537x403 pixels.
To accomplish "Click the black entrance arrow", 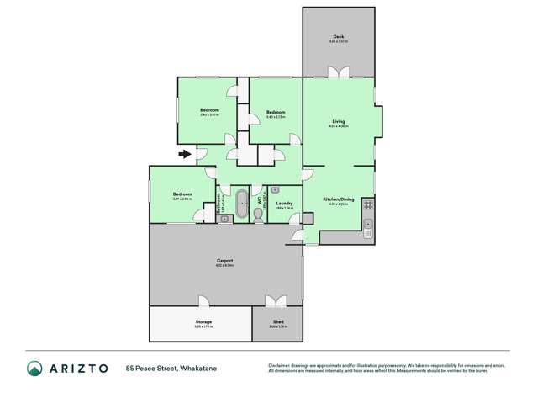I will (x=184, y=154).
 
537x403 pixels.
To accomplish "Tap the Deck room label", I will (x=338, y=37).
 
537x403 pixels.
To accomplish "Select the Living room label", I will (x=338, y=122).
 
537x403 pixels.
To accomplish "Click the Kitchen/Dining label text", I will (x=339, y=199).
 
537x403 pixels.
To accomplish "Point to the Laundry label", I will (x=284, y=203).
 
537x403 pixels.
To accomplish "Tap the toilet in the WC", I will (x=258, y=216).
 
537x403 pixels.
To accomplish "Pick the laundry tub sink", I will (x=275, y=191).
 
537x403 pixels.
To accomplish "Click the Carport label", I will (x=225, y=261).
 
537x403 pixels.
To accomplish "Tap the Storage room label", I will (x=203, y=321).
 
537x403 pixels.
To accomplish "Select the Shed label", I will (x=276, y=321).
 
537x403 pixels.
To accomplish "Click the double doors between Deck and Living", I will (x=338, y=72).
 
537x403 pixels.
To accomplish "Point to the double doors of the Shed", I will (x=276, y=301).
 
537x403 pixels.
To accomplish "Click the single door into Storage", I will (x=203, y=302).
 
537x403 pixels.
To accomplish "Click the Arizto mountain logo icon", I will (x=34, y=368).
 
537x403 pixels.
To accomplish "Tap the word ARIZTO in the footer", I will (x=78, y=368).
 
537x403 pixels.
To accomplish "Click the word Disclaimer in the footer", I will (x=279, y=364).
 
